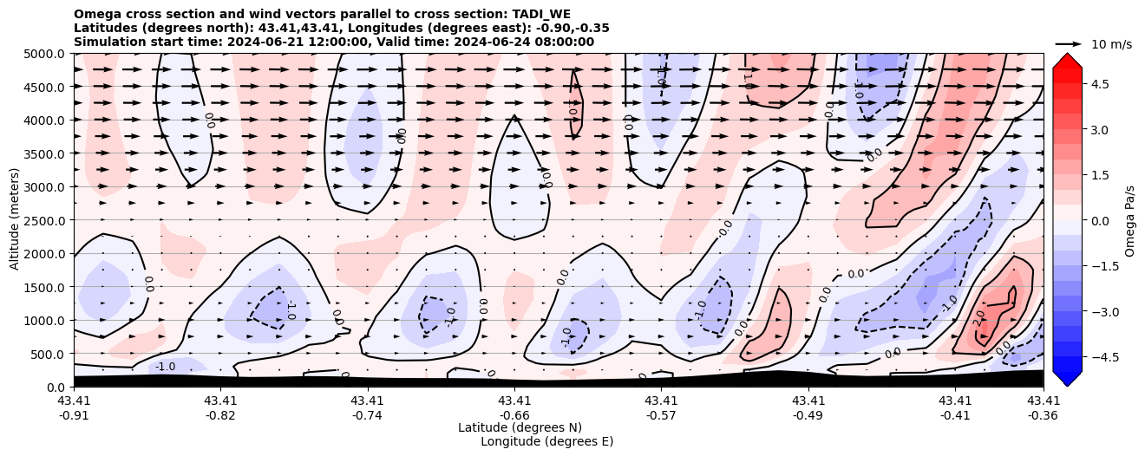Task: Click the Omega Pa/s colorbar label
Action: [1130, 220]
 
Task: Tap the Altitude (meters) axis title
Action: [15, 220]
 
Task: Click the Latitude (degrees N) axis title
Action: [520, 427]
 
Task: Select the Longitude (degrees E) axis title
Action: [546, 441]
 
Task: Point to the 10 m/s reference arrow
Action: [1069, 43]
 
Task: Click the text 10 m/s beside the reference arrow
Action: [1111, 44]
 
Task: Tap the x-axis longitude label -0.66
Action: [514, 414]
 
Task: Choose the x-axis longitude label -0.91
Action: [74, 414]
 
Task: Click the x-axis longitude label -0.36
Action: [1044, 414]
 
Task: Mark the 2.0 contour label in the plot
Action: [979, 319]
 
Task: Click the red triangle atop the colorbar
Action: [1067, 60]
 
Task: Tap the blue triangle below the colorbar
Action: [1067, 379]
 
